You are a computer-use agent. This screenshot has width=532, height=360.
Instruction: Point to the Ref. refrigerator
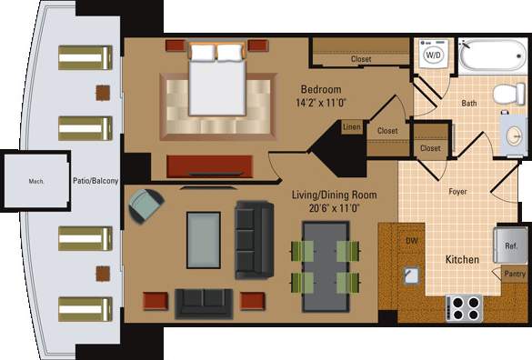coord(509,245)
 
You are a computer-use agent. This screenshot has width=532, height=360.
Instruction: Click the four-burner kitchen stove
coord(464,307)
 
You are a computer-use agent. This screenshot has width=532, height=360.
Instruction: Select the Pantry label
coord(514,273)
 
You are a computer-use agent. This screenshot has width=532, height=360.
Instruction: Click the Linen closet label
coord(352,128)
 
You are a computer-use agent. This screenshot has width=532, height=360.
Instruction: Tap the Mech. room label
coord(36,181)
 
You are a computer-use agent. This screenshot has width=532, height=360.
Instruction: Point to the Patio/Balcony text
coord(95,181)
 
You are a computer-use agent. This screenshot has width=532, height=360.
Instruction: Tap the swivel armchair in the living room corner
coord(146,207)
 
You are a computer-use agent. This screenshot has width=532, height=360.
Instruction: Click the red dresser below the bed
coord(210,165)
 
